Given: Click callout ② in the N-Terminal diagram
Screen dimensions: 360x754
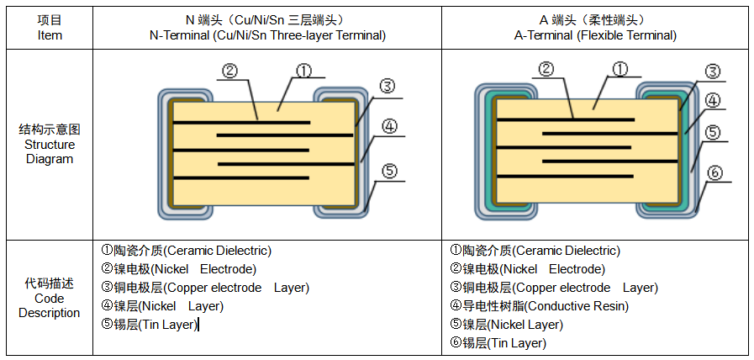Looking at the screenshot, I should click(229, 71).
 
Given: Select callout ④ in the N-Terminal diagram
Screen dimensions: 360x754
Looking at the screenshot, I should click(389, 127).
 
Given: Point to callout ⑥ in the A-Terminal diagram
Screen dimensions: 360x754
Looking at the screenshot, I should click(714, 172).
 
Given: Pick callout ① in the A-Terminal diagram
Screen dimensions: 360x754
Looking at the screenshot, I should click(620, 69).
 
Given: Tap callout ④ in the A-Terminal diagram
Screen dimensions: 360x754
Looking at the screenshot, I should click(712, 101).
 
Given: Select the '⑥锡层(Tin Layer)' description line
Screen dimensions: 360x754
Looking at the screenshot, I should click(498, 343).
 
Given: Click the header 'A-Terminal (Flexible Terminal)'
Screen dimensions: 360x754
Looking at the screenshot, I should click(595, 35).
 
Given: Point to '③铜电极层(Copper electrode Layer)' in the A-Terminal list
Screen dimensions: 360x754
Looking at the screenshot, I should click(553, 288).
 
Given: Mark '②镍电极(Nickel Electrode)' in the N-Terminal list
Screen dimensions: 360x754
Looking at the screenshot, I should click(178, 269).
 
